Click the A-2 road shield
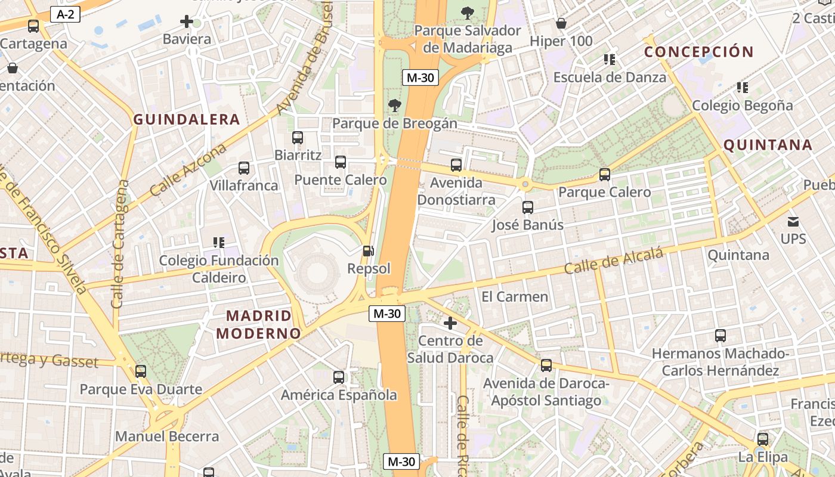click(65, 14)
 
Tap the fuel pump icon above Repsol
click(369, 251)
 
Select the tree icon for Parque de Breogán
click(394, 106)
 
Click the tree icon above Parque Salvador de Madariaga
click(468, 12)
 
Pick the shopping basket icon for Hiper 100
click(561, 23)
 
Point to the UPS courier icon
click(793, 222)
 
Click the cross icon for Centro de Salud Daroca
click(450, 323)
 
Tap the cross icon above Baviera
click(186, 22)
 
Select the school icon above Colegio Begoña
click(742, 88)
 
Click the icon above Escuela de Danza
click(608, 59)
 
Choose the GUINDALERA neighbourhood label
click(186, 120)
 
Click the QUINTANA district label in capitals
click(768, 145)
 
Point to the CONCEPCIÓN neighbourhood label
click(698, 52)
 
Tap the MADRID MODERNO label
click(258, 324)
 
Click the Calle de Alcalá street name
click(614, 262)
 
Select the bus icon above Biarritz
click(298, 138)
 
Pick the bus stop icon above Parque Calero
click(605, 174)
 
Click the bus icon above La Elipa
click(762, 439)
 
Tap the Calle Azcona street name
click(188, 170)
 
